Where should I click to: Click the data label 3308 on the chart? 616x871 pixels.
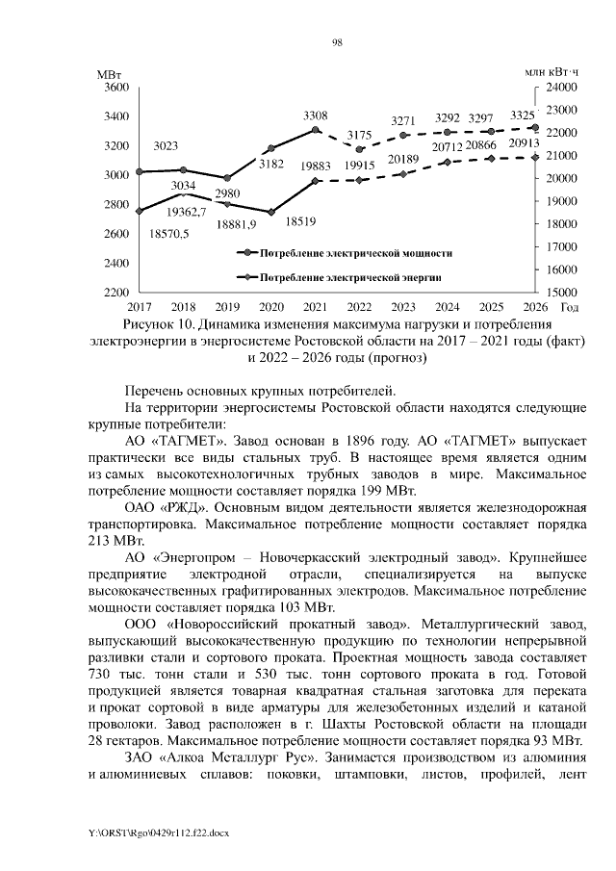(x=315, y=115)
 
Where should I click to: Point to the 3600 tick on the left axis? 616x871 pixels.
(x=115, y=87)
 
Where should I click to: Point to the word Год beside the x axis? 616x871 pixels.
(x=569, y=307)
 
